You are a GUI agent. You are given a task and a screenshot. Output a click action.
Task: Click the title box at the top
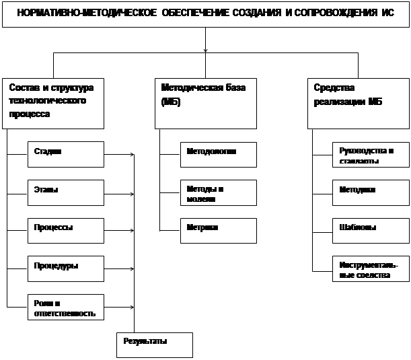(x=205, y=14)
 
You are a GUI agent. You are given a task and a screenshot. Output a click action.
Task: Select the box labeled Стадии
(x=66, y=155)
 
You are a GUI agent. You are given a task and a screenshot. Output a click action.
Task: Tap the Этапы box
(x=66, y=193)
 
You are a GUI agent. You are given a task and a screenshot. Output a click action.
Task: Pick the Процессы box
(x=66, y=231)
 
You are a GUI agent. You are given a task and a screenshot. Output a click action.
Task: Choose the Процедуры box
(x=66, y=269)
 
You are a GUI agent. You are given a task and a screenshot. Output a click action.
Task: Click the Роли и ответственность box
(x=66, y=308)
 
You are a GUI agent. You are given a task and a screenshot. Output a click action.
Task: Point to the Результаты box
(x=154, y=345)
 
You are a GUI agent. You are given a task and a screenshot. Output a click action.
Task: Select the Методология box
(x=218, y=155)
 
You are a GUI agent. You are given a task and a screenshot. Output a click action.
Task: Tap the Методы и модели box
(x=218, y=193)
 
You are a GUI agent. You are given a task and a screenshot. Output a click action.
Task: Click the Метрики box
(x=218, y=231)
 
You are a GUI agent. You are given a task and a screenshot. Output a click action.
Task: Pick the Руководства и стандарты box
(x=371, y=155)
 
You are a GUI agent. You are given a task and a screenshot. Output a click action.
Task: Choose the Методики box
(x=371, y=193)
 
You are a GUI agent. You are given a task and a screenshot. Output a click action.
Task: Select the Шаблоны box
(x=371, y=231)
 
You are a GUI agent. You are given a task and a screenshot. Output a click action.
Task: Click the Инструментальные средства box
(x=371, y=269)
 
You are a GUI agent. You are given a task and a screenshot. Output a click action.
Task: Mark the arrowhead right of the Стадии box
(x=132, y=156)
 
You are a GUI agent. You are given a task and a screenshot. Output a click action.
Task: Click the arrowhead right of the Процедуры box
(x=132, y=271)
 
